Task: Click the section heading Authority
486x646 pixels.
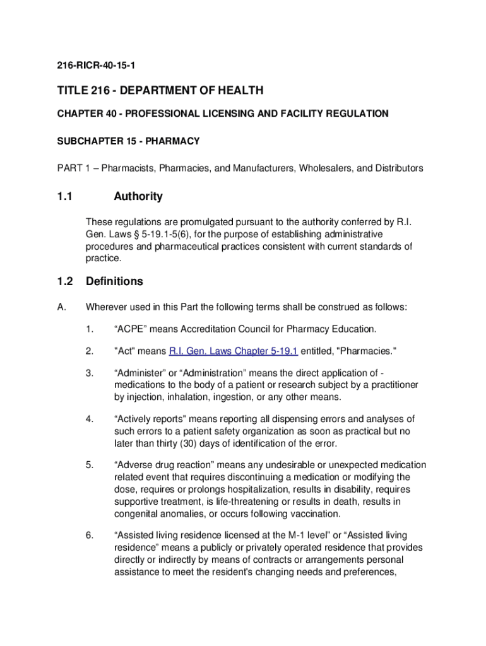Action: (138, 196)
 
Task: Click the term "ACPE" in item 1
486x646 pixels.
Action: (131, 329)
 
